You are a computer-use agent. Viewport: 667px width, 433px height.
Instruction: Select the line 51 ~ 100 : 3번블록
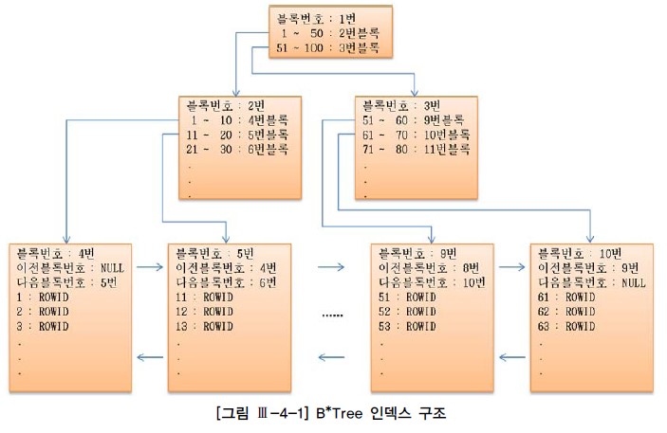point(327,46)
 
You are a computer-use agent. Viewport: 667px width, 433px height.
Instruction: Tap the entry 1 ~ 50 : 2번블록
point(327,32)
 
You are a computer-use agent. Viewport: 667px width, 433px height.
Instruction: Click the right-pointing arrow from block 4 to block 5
point(150,268)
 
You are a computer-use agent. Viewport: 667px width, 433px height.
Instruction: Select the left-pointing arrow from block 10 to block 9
point(513,357)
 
